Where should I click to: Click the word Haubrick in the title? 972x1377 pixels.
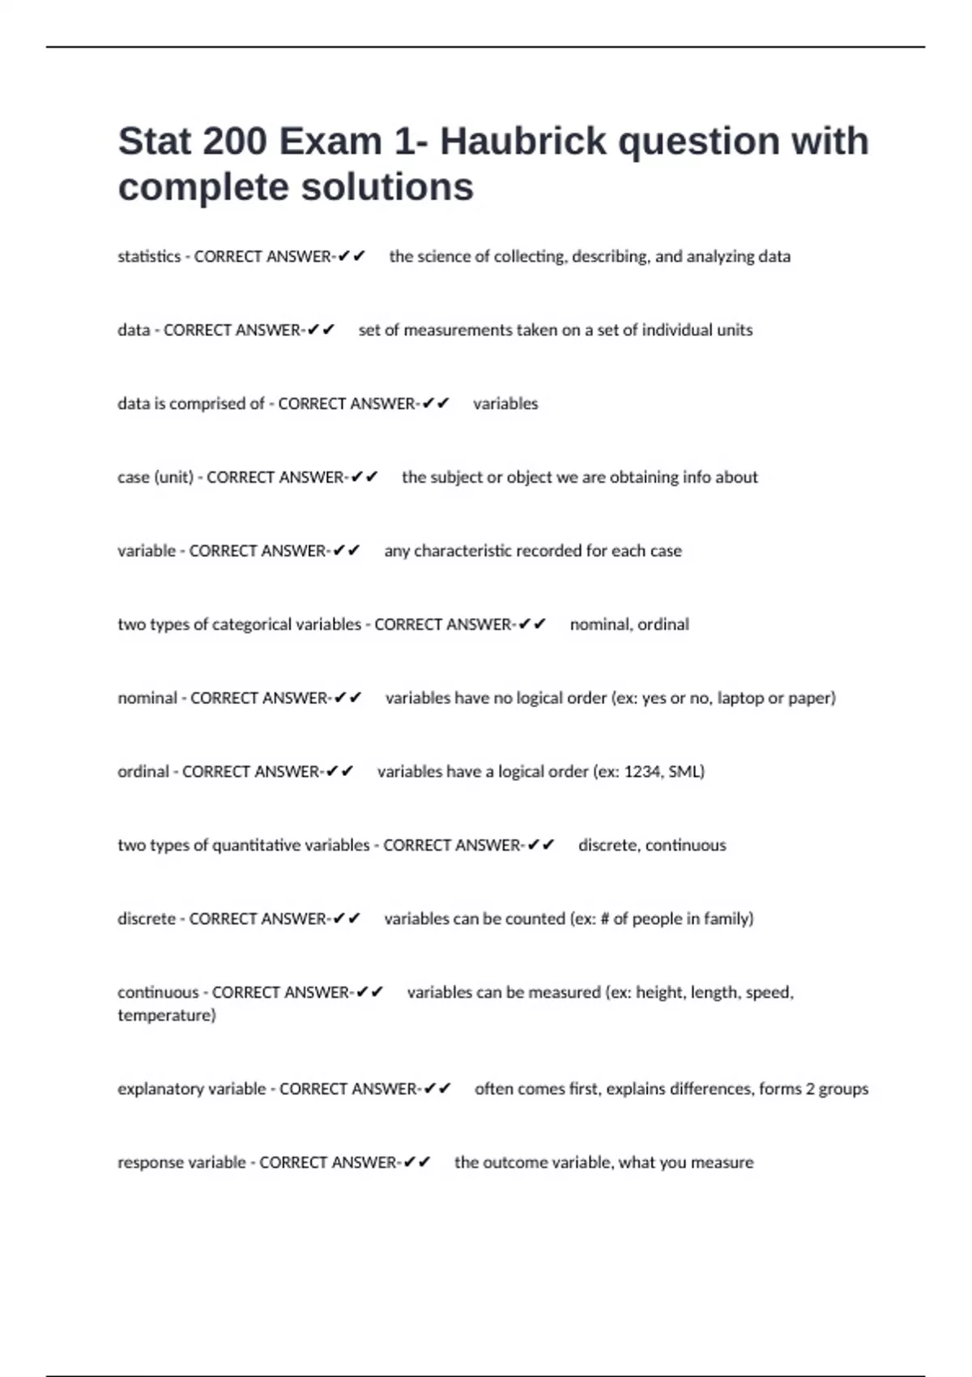[x=523, y=142]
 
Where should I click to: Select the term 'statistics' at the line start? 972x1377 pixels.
[x=149, y=257]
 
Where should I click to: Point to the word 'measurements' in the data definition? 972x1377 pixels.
[x=458, y=330]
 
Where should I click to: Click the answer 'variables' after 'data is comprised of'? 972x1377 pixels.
[x=505, y=404]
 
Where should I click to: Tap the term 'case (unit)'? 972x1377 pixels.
[x=156, y=478]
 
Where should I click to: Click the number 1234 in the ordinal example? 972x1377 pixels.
[x=642, y=772]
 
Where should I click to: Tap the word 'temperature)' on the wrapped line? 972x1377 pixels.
[x=166, y=1016]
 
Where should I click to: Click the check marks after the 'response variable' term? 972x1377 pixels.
[x=417, y=1163]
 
